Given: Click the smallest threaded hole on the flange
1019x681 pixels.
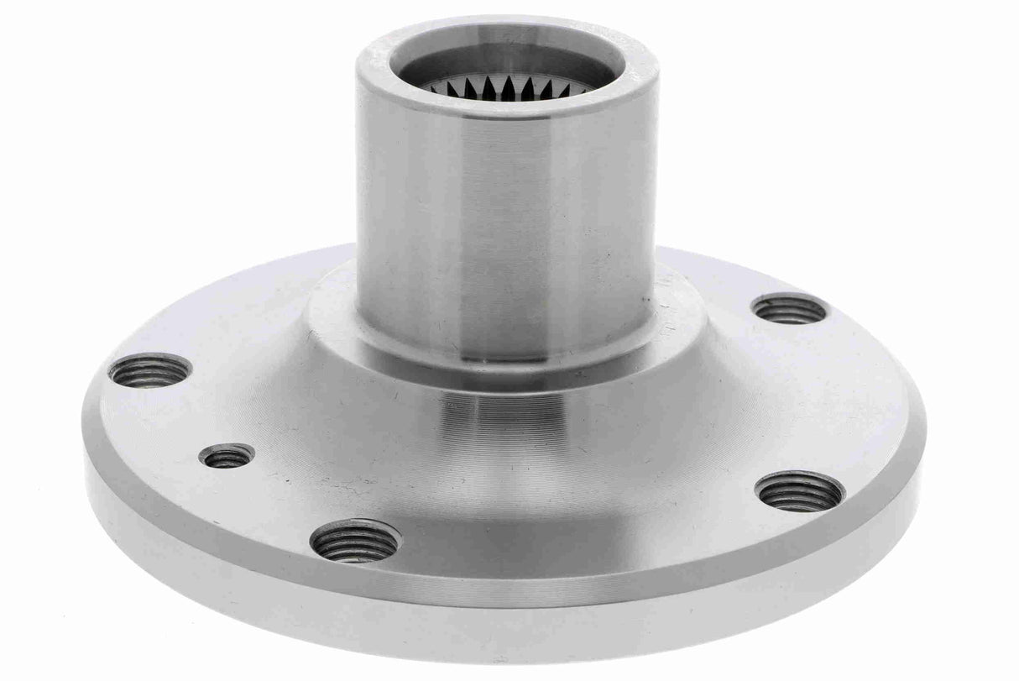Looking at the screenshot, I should click(227, 457).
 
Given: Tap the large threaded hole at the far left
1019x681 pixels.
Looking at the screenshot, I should click(150, 370).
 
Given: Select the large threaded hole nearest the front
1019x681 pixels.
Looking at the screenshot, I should click(355, 541).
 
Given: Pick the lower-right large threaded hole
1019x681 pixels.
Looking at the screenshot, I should click(799, 491).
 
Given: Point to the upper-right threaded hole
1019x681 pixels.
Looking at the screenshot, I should click(789, 309).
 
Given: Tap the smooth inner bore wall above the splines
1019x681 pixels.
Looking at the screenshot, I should click(504, 59).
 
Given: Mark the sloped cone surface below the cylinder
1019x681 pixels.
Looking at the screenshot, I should click(504, 420).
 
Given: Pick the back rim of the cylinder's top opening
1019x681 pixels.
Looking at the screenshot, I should click(504, 27).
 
